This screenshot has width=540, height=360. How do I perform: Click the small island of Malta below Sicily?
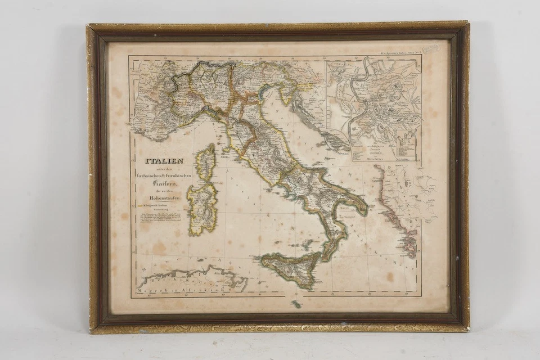click(x=296, y=304)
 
